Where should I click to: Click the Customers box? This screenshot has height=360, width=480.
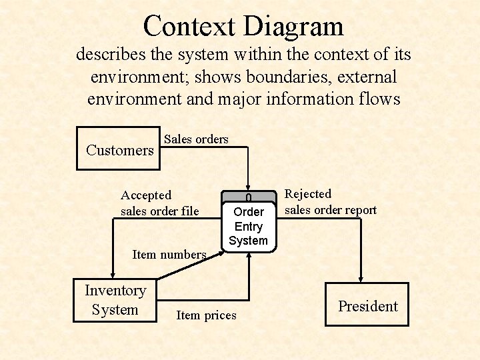(120, 148)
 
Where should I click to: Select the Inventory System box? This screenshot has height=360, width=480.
(115, 300)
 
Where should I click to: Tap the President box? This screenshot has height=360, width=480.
(367, 305)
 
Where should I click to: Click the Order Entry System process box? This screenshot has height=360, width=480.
(248, 225)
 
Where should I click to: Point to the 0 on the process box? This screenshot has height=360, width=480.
(248, 198)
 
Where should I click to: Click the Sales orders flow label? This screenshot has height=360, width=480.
(196, 139)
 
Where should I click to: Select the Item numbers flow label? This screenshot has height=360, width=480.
(169, 254)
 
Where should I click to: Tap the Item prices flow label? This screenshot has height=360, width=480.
(206, 315)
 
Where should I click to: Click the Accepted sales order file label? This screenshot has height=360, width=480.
(159, 203)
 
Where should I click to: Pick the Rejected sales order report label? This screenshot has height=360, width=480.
(331, 202)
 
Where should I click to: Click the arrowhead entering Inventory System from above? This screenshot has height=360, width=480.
(113, 273)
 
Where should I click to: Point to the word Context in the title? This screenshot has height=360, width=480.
(189, 26)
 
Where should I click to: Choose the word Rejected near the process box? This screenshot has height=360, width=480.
(308, 194)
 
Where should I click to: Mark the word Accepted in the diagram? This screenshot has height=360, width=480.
(146, 195)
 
